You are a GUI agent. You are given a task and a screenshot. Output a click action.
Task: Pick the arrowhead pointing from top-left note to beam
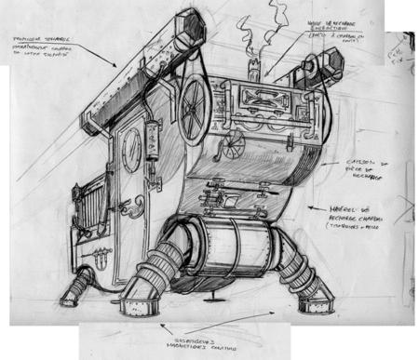115,70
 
